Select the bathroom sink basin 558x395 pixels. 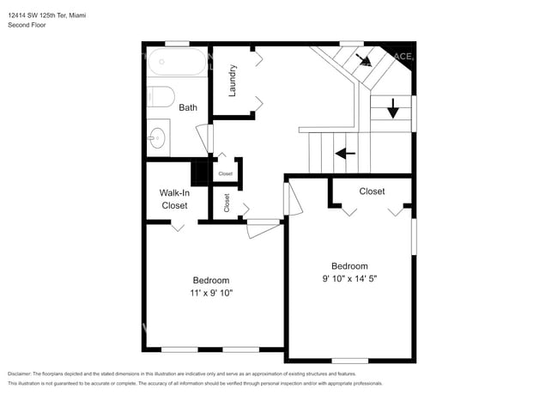coord(157,137)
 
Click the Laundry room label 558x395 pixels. coord(232,80)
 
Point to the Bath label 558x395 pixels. coord(188,107)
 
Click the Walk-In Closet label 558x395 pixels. coord(174,199)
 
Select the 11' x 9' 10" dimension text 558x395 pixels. coord(211,293)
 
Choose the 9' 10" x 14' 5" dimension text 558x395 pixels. coord(349,278)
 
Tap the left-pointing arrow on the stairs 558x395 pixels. coord(346,154)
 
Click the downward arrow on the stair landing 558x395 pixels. coord(393,108)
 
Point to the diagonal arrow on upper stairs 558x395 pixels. coord(363,59)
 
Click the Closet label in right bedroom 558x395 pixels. coord(372,191)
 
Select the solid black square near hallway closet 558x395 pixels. coord(199,173)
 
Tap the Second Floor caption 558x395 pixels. coord(27,25)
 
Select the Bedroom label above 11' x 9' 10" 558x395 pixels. coord(210,280)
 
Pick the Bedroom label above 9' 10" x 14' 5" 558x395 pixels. coord(349,266)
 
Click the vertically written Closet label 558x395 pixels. coord(227,203)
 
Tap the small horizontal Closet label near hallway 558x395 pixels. coord(225,173)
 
